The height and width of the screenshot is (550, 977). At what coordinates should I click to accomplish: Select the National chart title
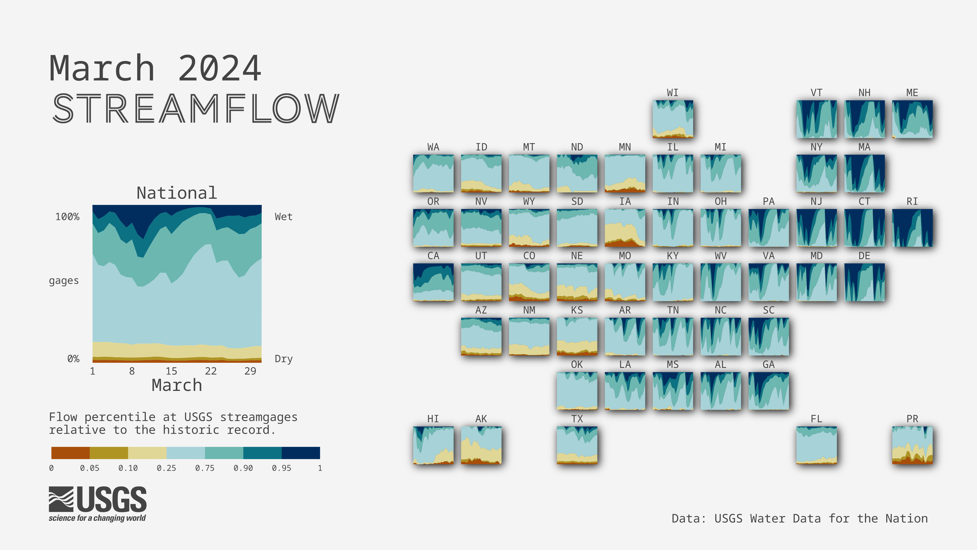(x=177, y=193)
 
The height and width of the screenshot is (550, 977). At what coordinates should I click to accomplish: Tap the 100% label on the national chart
(x=68, y=217)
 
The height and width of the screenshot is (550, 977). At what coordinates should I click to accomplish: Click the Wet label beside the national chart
(x=284, y=217)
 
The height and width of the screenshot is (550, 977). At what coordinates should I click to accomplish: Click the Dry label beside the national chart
(x=284, y=359)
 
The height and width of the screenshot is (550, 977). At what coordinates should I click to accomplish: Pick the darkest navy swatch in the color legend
(x=301, y=453)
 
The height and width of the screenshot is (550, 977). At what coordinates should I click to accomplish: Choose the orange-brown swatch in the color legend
(x=71, y=453)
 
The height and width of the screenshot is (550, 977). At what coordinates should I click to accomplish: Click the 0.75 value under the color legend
(x=205, y=468)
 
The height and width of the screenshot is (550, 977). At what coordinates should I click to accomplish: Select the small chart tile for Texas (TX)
(x=577, y=445)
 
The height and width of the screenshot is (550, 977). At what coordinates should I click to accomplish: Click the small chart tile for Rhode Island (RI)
(x=912, y=228)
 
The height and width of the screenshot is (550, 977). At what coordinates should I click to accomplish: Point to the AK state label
(x=481, y=419)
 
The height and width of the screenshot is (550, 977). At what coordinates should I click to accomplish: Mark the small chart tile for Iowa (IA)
(x=625, y=228)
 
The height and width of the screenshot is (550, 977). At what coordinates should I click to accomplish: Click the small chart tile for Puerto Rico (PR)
(x=912, y=445)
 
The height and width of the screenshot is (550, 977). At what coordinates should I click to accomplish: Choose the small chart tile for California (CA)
(x=433, y=282)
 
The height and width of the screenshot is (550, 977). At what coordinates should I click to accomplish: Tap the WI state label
(x=673, y=93)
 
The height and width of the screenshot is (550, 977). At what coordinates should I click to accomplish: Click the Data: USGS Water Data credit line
(x=800, y=518)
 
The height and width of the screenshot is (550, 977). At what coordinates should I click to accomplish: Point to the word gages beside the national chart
(x=64, y=281)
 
